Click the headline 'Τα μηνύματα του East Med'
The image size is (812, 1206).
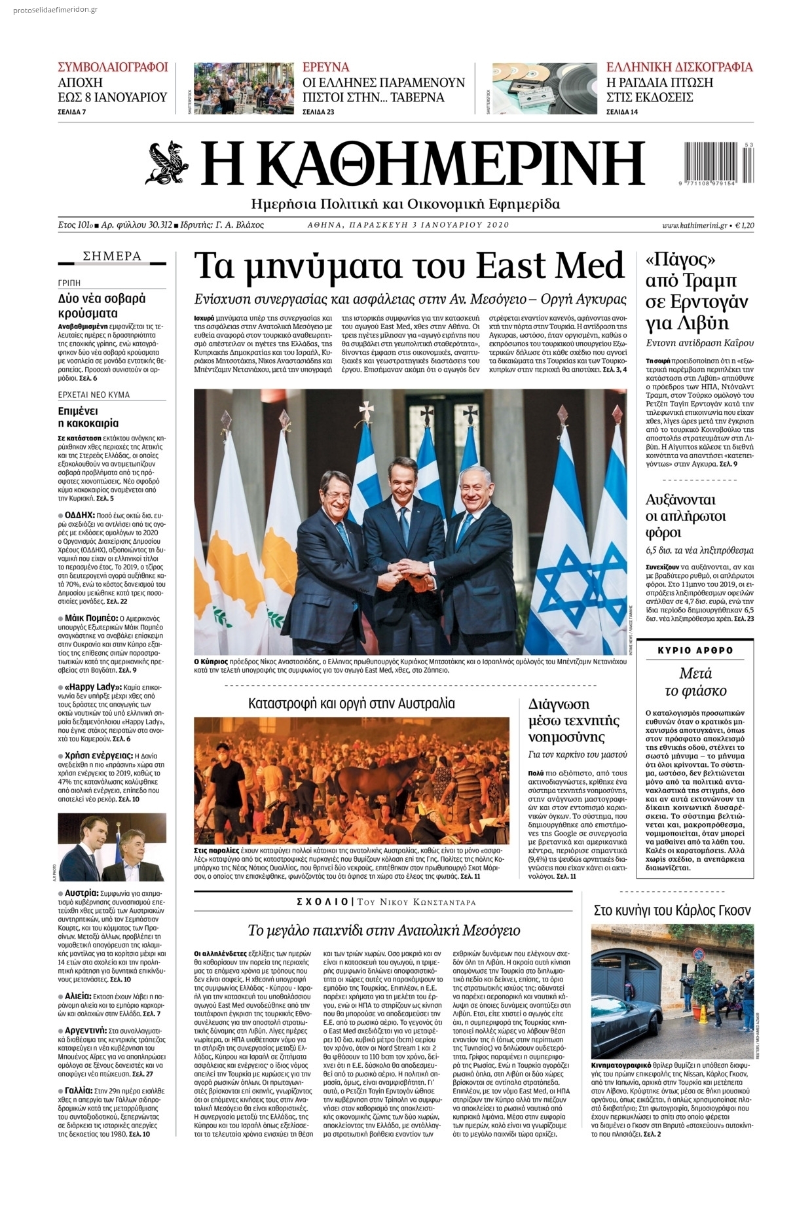(x=409, y=266)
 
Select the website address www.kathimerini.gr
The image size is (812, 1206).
(x=694, y=225)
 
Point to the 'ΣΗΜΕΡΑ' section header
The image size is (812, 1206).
(x=113, y=257)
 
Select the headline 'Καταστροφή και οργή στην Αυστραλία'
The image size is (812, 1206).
(x=351, y=704)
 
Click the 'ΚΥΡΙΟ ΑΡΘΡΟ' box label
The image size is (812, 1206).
(x=695, y=650)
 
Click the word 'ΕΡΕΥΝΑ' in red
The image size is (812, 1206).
(x=326, y=67)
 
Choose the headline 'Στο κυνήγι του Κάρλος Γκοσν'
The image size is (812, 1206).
(x=672, y=910)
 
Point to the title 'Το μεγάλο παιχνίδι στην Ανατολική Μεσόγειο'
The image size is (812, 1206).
(x=384, y=931)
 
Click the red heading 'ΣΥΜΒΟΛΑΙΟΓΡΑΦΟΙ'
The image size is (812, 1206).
(x=113, y=67)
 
